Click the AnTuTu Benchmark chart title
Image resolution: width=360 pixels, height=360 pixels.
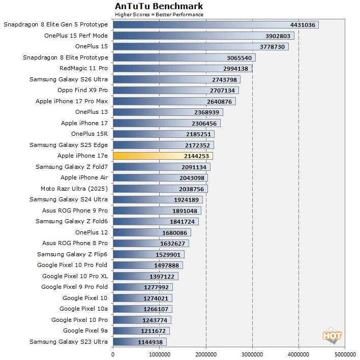159,6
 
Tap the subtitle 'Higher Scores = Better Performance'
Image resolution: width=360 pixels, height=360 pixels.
159,14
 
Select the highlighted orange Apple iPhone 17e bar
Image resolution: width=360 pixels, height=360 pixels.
163,156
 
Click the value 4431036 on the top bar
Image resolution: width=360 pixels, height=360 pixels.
303,25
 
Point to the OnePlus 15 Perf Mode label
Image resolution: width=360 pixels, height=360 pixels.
76,36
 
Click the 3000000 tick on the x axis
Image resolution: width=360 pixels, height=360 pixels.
252,354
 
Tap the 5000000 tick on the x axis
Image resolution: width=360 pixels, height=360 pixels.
345,354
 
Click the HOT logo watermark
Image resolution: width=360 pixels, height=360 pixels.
332,336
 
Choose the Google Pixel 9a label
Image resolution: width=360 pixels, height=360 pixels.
85,331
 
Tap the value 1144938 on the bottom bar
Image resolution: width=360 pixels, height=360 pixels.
151,342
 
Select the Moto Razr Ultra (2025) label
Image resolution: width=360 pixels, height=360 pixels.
74,189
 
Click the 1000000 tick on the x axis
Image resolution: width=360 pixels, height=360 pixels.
159,354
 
